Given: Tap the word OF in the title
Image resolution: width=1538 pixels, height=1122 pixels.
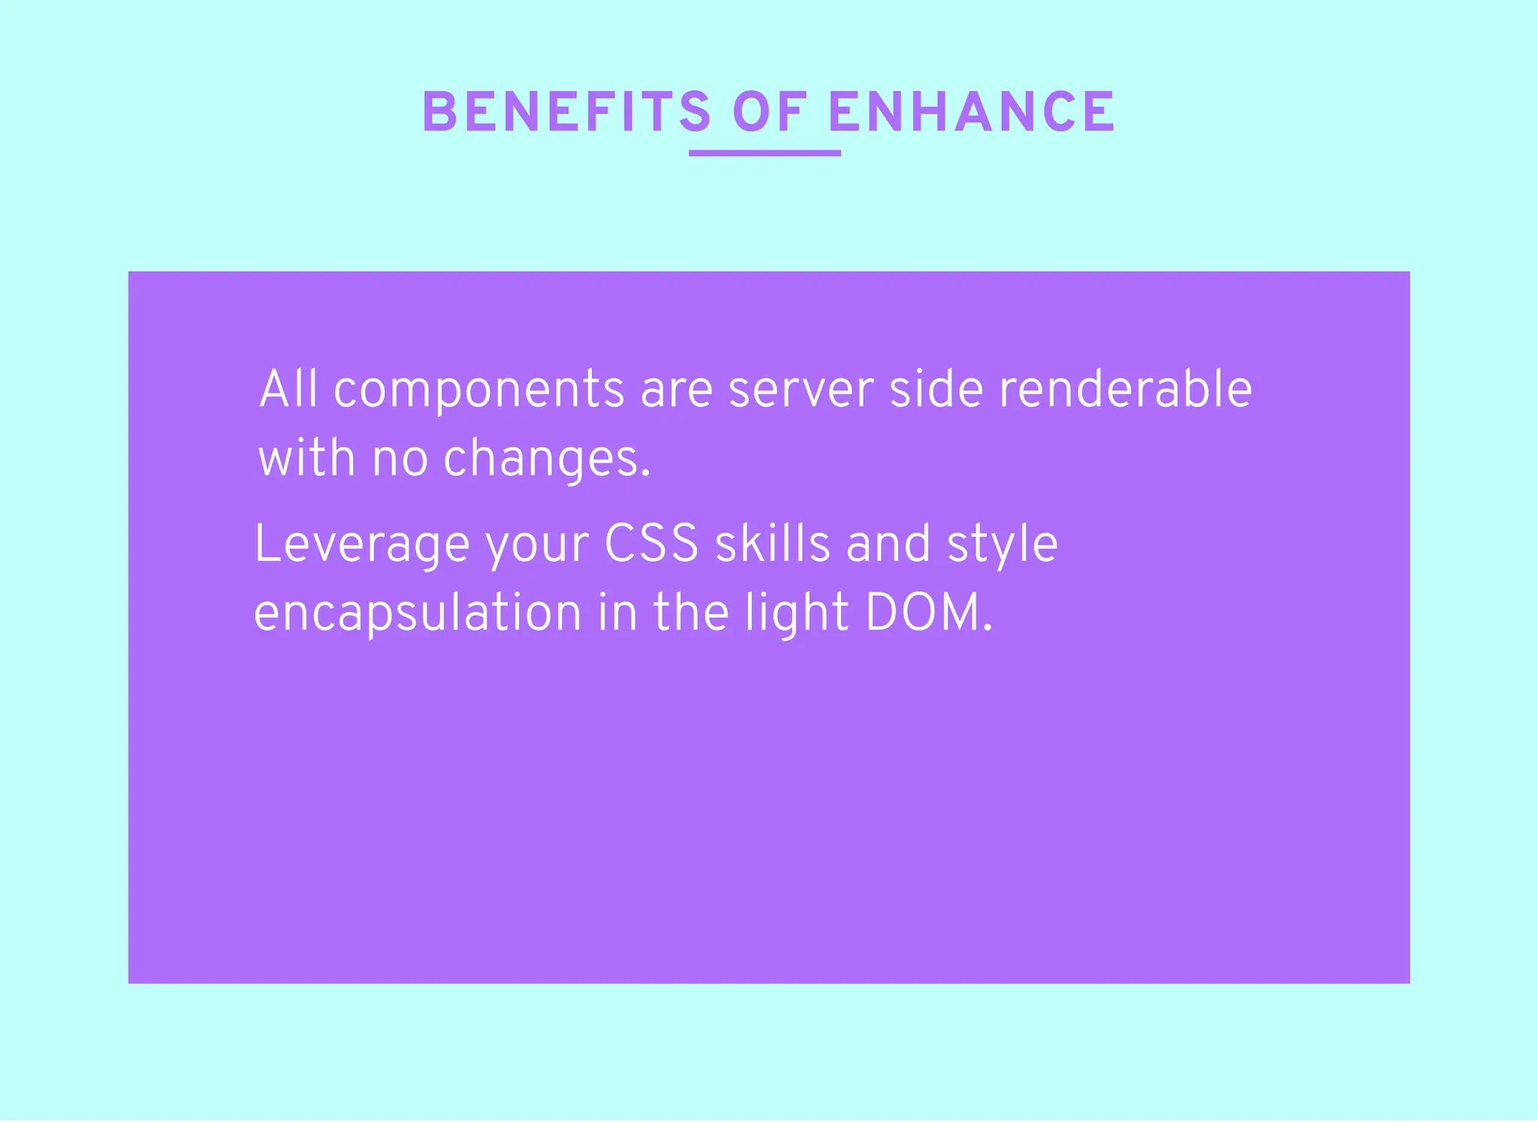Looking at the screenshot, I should click(770, 113).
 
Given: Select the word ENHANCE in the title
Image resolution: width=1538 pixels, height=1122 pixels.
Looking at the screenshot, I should click(972, 113).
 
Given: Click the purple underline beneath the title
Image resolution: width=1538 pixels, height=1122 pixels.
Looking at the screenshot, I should click(764, 153).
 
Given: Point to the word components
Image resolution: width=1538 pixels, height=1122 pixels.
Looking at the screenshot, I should click(478, 391).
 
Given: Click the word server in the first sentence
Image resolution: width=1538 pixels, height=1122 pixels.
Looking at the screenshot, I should click(801, 391).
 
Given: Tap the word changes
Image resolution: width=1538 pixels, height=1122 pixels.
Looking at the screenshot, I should click(547, 460).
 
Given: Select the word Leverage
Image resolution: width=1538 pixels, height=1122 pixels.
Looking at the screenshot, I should click(362, 545).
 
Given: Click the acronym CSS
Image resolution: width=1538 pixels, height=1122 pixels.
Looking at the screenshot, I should click(652, 544).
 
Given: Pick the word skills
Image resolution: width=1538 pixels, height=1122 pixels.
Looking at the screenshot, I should click(773, 544).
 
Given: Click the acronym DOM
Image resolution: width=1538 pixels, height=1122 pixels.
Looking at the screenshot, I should click(928, 613).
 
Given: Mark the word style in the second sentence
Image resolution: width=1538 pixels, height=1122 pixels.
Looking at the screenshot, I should click(1002, 545).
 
